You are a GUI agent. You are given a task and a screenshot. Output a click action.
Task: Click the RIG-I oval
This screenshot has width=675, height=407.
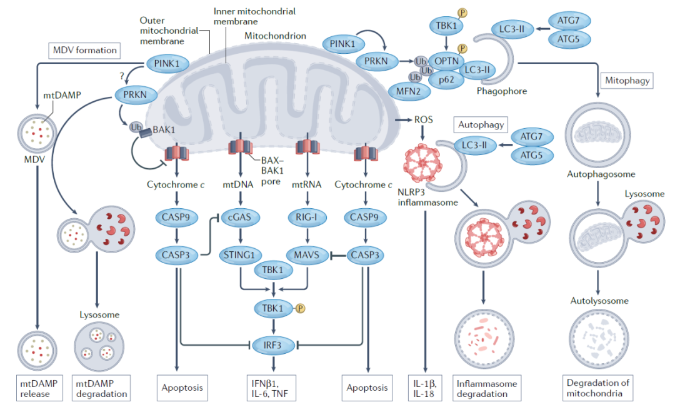[x=307, y=218]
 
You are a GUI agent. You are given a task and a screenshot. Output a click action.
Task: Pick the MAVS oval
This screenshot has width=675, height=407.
[x=307, y=255]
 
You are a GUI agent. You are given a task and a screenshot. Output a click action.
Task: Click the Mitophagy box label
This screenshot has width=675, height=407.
[x=627, y=80]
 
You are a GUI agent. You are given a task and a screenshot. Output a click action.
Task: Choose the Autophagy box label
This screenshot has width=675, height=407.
[x=481, y=124]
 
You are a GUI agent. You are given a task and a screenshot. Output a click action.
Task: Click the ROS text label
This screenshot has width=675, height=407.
[x=424, y=119]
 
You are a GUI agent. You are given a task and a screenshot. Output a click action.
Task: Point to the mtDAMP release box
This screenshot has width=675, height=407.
[x=39, y=387]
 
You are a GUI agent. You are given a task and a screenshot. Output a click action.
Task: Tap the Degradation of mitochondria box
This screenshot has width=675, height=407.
[x=598, y=387]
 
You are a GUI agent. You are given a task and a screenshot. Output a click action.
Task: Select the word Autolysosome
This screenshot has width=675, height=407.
[x=599, y=301]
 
